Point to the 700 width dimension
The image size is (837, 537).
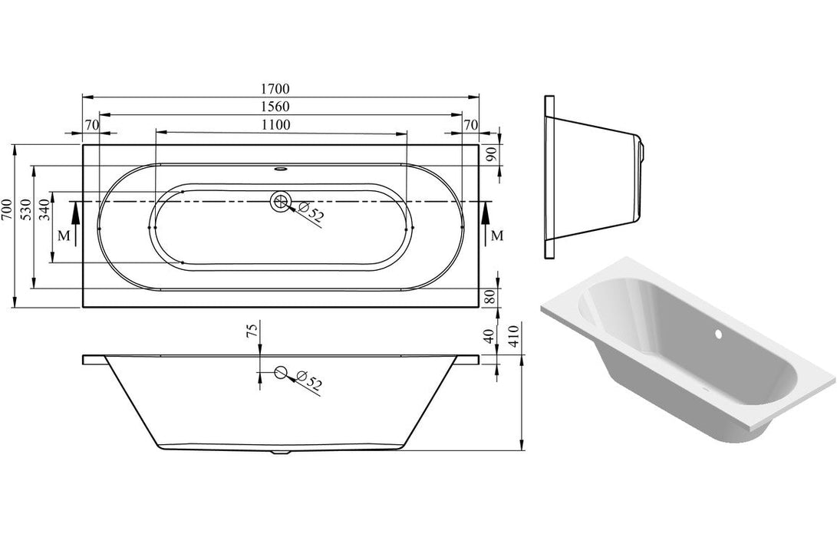tap(7, 209)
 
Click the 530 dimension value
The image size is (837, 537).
tap(25, 209)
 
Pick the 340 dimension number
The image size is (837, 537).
tap(44, 209)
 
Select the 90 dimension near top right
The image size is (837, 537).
tap(493, 153)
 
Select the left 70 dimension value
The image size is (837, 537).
tap(91, 124)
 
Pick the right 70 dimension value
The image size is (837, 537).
tap(470, 124)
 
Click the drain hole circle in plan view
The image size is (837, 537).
tap(280, 202)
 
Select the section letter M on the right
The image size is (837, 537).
tap(497, 236)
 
